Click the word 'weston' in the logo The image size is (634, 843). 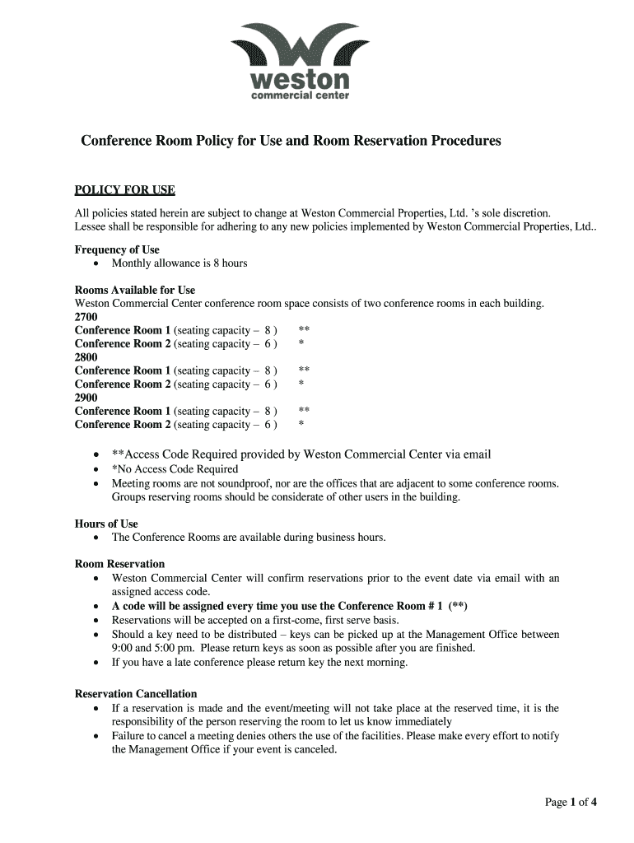point(300,80)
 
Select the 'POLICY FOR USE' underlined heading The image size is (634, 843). point(124,190)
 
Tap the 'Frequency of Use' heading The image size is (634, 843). point(117,249)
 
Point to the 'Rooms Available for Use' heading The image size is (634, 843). point(135,290)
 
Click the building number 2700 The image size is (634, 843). point(86,317)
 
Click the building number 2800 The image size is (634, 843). point(86,357)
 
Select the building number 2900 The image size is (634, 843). point(86,398)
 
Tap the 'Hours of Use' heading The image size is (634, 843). point(106,524)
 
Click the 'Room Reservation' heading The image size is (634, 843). point(119,564)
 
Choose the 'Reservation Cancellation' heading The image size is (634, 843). point(136,694)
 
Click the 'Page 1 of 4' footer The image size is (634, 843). point(571,803)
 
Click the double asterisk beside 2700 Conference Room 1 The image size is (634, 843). point(304,330)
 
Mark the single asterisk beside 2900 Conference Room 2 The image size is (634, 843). point(301,426)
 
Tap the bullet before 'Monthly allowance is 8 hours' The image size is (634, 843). point(97,263)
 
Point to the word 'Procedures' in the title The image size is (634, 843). point(463,141)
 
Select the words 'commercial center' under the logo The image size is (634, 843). point(300,95)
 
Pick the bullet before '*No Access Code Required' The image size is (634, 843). point(97,469)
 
